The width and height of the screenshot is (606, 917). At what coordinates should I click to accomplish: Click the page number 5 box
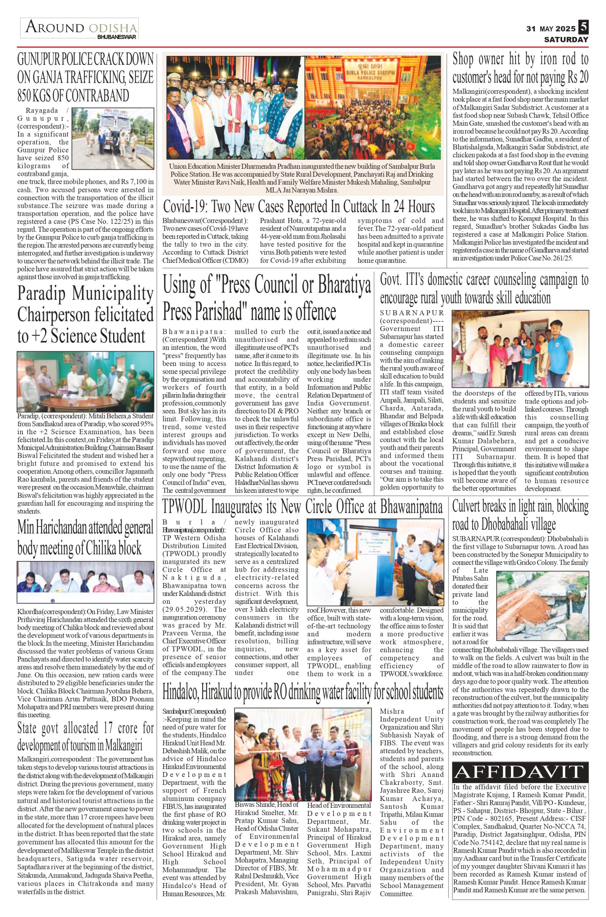point(583,28)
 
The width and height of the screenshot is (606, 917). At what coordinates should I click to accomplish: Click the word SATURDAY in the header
point(566,39)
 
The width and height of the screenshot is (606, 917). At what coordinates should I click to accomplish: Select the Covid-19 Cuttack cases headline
point(299,207)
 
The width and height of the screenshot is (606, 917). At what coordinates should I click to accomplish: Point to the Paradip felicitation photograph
point(85,381)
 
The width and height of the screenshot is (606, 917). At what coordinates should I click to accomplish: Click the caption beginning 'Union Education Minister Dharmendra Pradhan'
point(302,178)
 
